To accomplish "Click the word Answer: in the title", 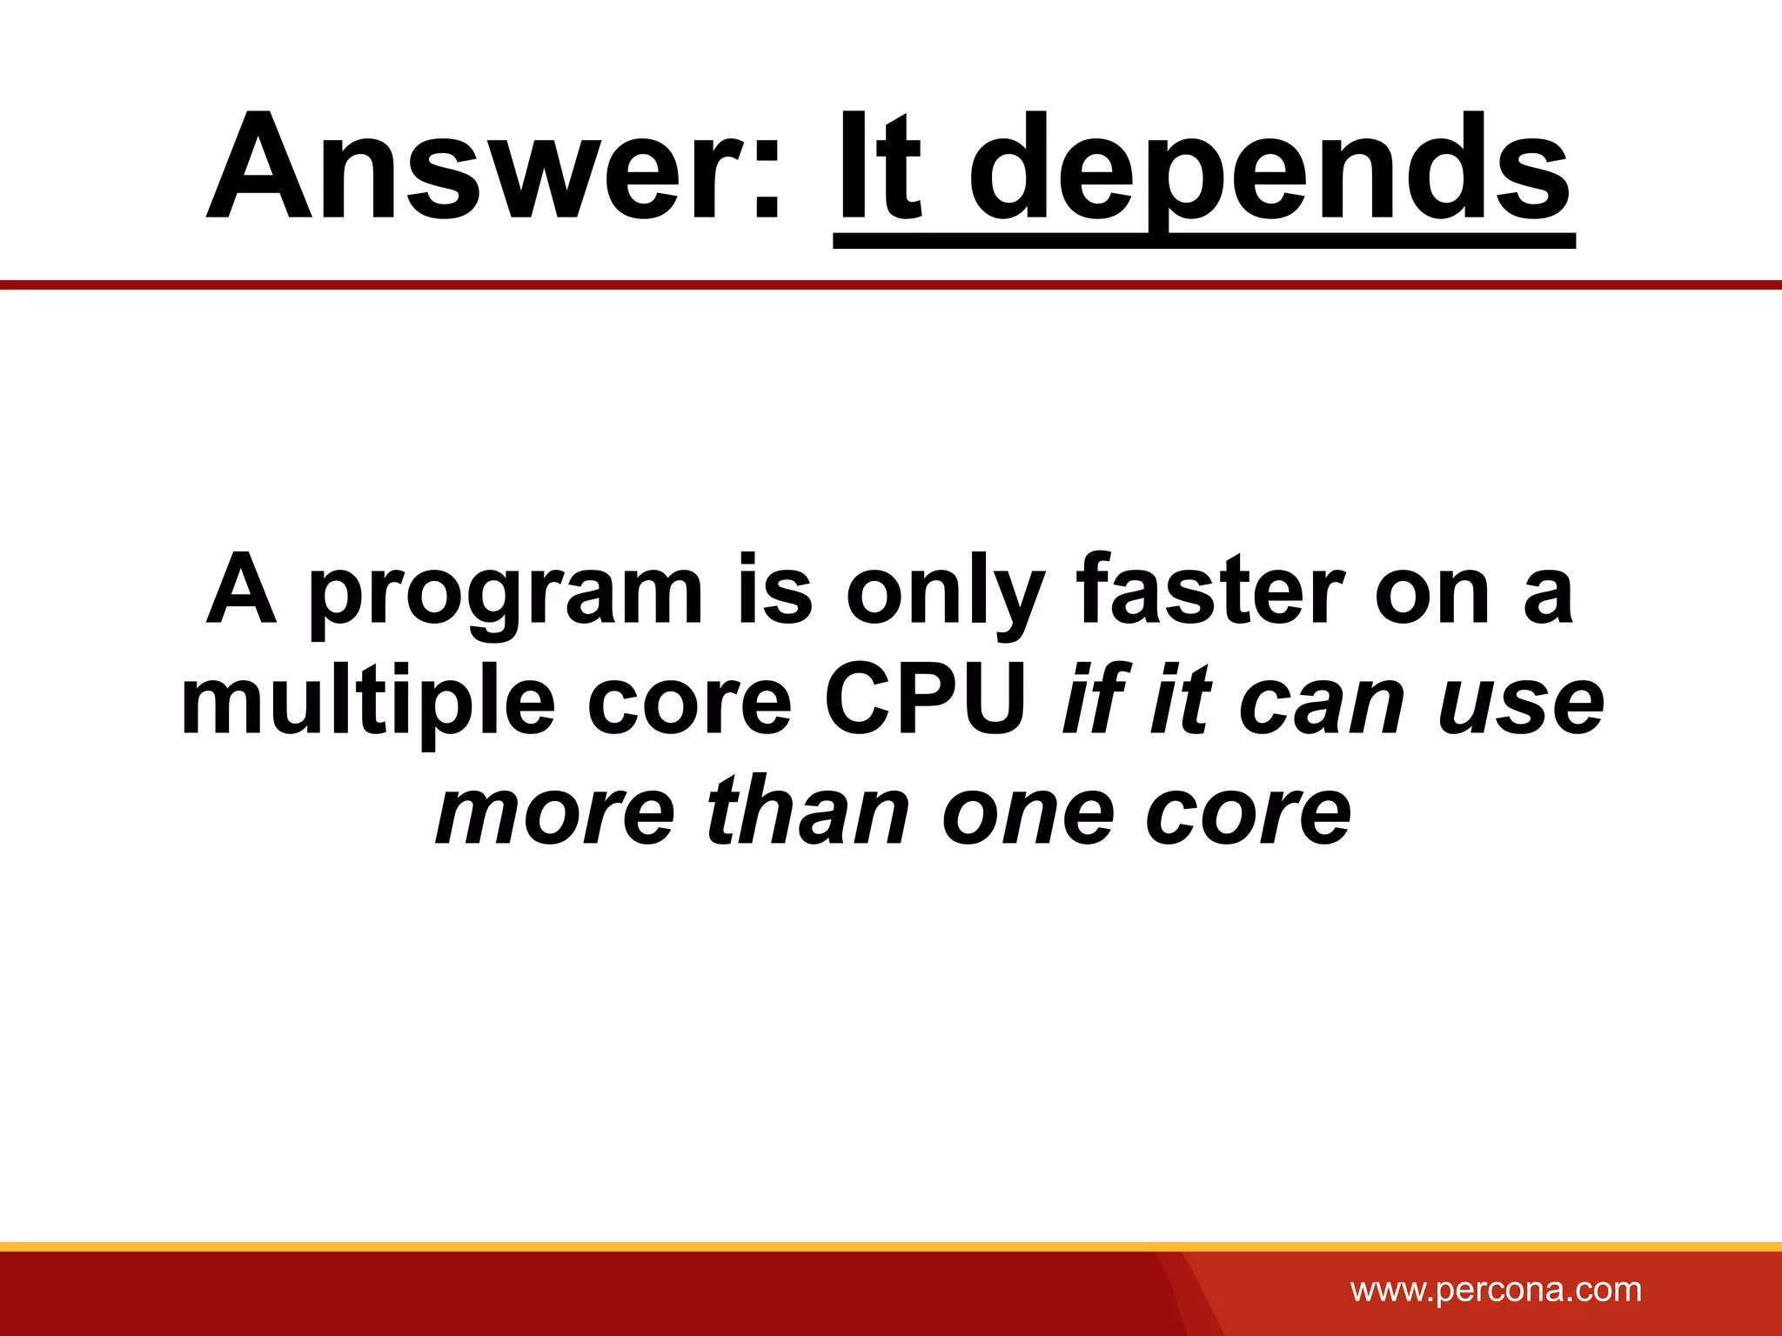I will pyautogui.click(x=494, y=167).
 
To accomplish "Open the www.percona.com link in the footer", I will pyautogui.click(x=1496, y=1289).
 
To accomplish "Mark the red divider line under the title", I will pyautogui.click(x=891, y=284).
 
